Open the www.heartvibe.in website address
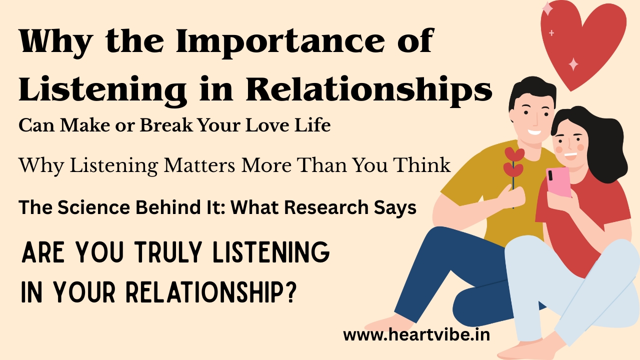pos(416,334)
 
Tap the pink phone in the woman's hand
pos(559,181)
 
